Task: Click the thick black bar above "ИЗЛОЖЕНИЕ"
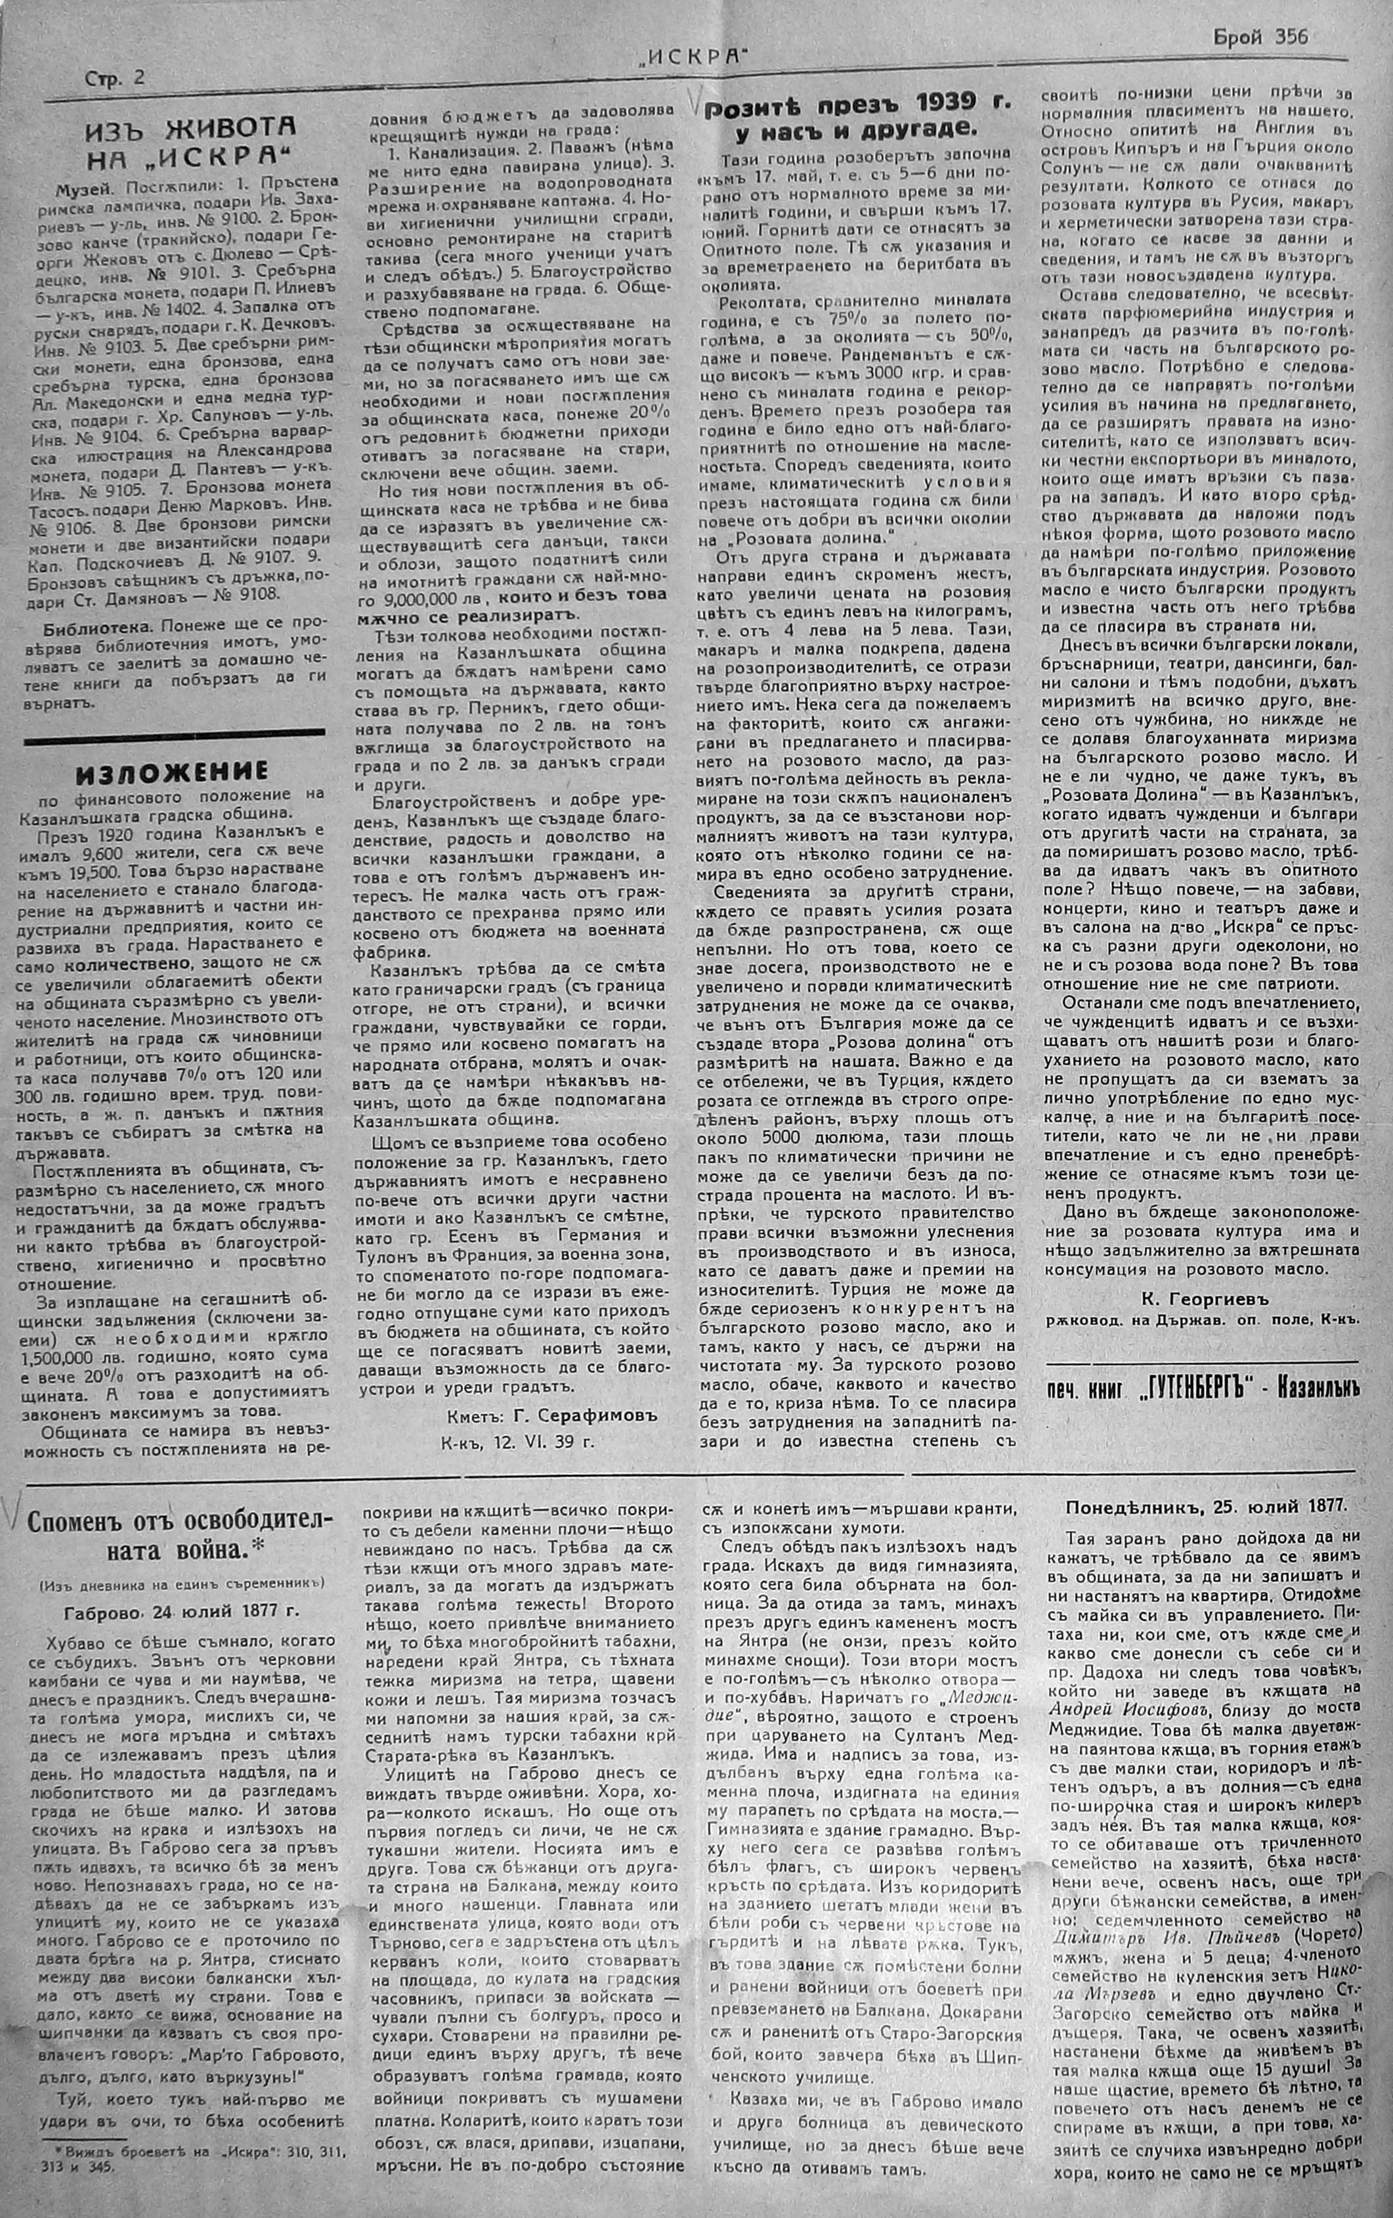173,734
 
